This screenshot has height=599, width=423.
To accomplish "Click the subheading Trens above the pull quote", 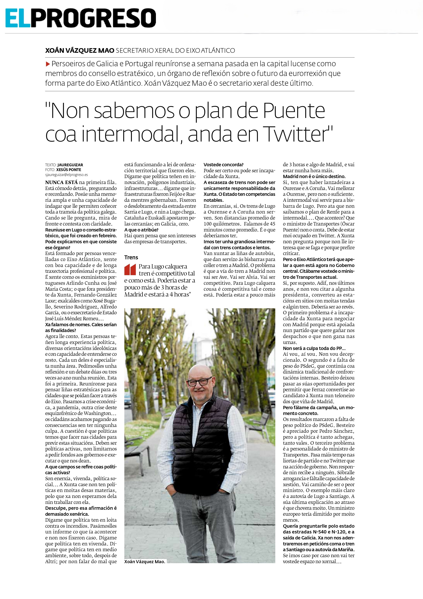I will pos(131,257).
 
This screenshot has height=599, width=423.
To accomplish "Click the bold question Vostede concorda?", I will pos(223,165).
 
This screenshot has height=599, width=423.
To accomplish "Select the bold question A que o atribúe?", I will pos(142,230).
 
